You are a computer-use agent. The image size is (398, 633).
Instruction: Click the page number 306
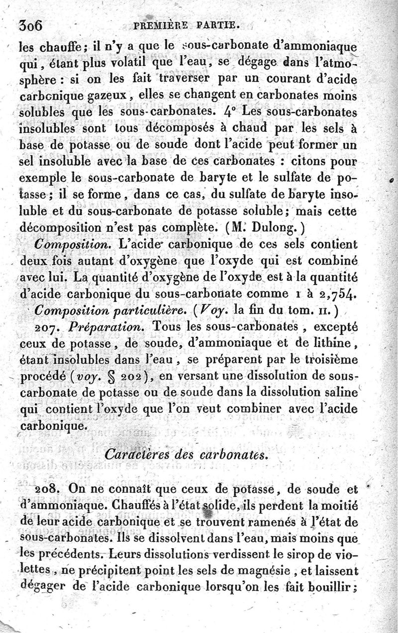pyautogui.click(x=31, y=26)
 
